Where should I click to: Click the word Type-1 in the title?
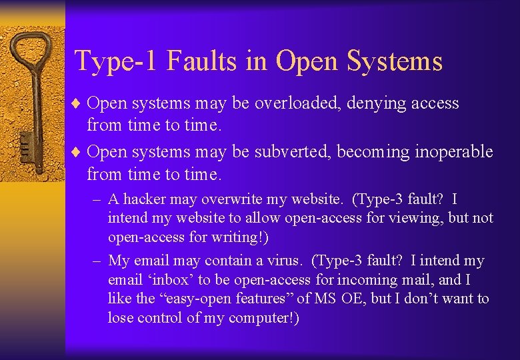(x=117, y=61)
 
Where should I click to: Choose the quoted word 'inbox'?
(x=161, y=280)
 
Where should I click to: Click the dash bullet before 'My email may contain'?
(x=97, y=261)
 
